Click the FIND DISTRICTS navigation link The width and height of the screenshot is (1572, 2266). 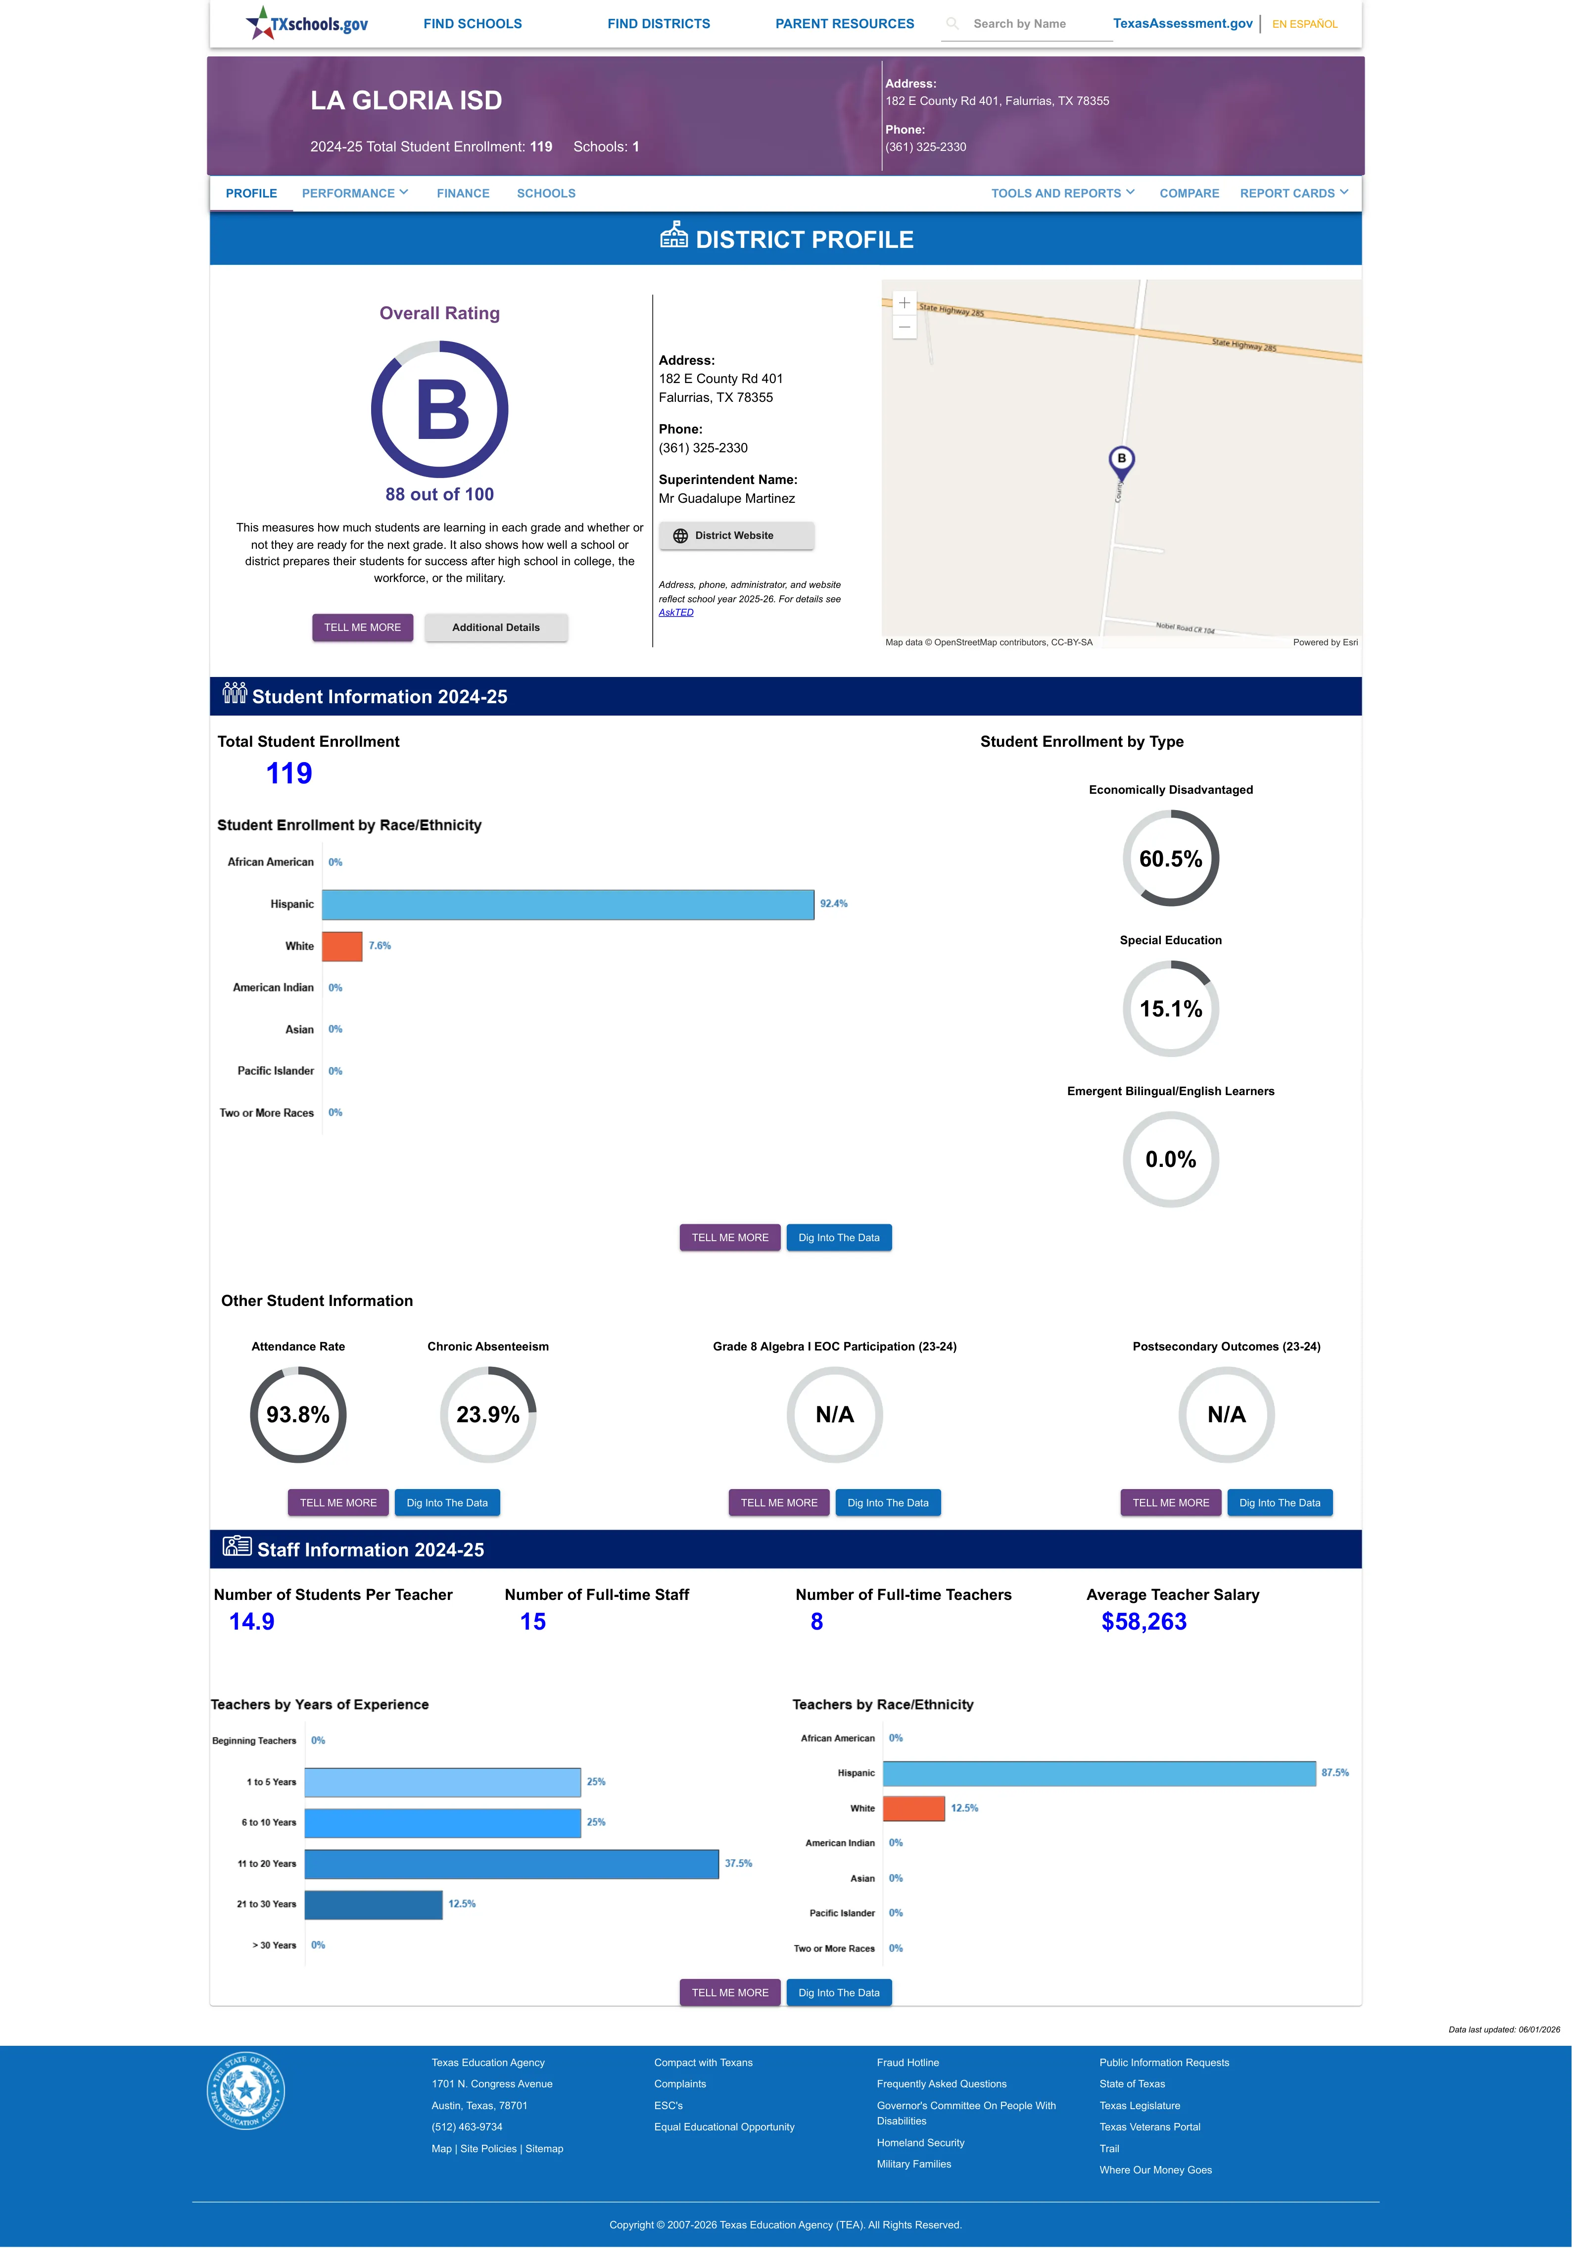coord(658,24)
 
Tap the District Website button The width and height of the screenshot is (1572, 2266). coord(736,536)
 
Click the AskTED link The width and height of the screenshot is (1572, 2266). coord(676,613)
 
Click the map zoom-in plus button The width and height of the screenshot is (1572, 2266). coord(904,303)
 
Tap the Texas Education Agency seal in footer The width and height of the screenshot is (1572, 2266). coord(246,2091)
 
